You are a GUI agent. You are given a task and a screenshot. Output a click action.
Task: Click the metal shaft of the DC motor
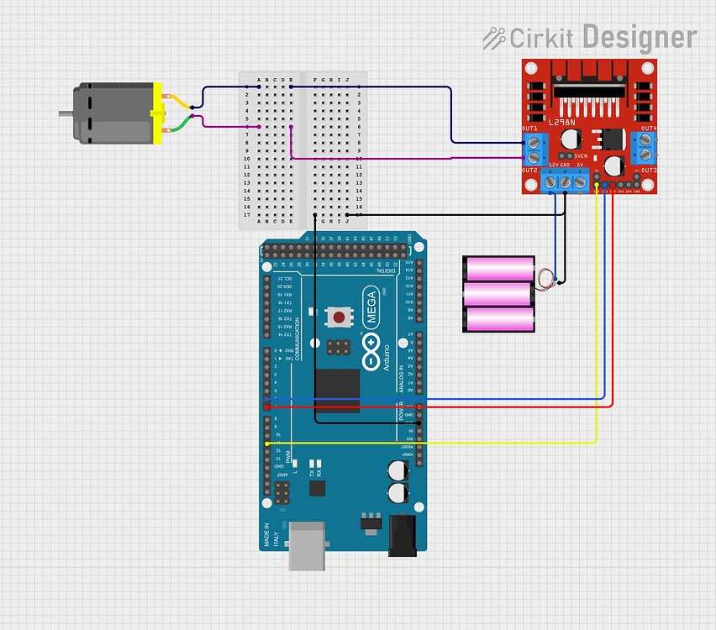click(65, 113)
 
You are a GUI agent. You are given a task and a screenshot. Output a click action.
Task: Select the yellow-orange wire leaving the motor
click(178, 101)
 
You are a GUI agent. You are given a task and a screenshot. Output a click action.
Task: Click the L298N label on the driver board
click(564, 123)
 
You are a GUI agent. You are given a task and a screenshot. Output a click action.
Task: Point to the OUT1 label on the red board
click(529, 129)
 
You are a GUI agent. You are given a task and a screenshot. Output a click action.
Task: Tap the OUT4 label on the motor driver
click(648, 129)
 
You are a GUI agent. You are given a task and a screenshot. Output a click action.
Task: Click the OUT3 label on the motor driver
click(648, 171)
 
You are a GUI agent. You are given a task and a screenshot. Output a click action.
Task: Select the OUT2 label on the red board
click(529, 171)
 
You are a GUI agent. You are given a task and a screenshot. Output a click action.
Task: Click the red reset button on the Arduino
click(339, 318)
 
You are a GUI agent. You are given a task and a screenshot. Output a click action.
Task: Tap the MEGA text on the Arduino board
click(371, 307)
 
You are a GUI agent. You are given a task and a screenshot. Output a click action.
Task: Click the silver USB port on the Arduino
click(308, 546)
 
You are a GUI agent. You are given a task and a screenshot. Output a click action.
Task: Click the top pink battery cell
click(500, 269)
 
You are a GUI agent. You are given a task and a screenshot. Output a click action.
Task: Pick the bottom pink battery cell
click(500, 319)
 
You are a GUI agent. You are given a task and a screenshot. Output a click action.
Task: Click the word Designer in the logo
click(639, 38)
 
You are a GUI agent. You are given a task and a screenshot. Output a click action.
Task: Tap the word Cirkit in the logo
click(541, 38)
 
